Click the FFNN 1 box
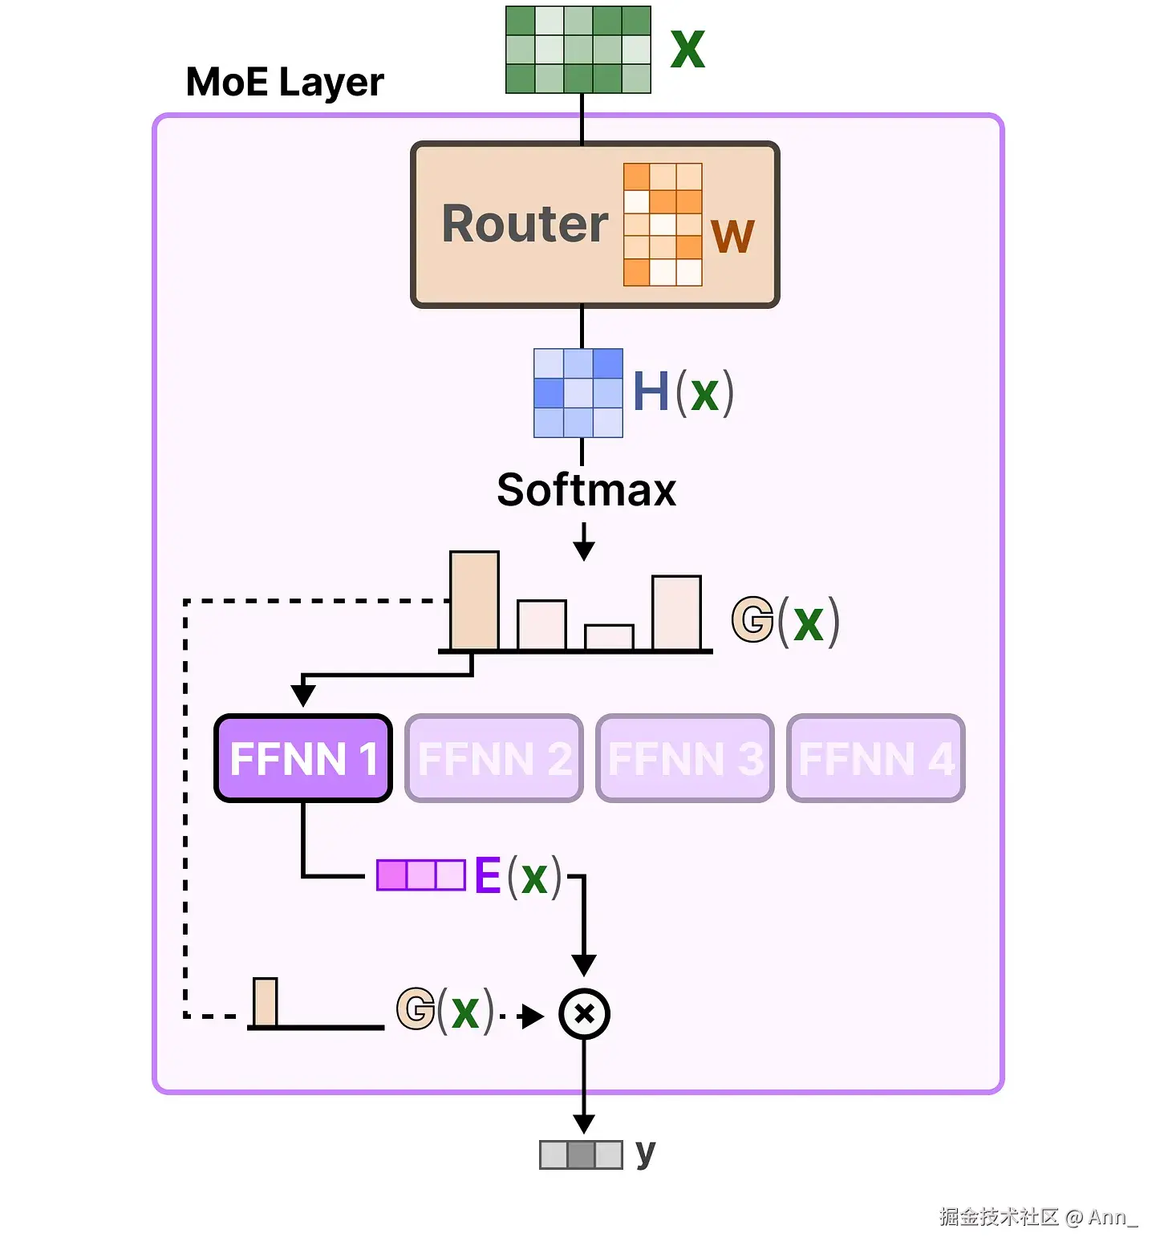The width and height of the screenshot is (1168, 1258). (303, 758)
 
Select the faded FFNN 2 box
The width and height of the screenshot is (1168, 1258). (494, 758)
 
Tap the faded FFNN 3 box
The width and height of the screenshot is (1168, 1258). (685, 758)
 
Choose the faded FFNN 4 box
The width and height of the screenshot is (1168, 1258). (876, 758)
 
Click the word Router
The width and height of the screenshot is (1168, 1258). (525, 224)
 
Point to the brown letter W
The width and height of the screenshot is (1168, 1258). (732, 237)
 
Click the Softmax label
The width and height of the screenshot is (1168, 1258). (586, 489)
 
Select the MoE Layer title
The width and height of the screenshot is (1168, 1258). (285, 82)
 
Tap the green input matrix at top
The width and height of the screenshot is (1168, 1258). (578, 50)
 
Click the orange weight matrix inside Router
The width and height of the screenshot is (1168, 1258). (663, 225)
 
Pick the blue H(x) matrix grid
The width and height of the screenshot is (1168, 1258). (578, 393)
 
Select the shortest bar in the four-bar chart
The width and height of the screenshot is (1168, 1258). (610, 637)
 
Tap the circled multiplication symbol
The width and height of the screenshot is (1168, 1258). (584, 1014)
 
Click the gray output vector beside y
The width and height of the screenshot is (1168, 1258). (581, 1155)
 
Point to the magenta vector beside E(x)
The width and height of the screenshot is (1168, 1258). (421, 875)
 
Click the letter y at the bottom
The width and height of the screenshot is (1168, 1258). (646, 1153)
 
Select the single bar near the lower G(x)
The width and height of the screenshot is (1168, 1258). (266, 1002)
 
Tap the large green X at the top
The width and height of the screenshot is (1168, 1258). (687, 50)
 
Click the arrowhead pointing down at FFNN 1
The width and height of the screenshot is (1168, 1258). (303, 694)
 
